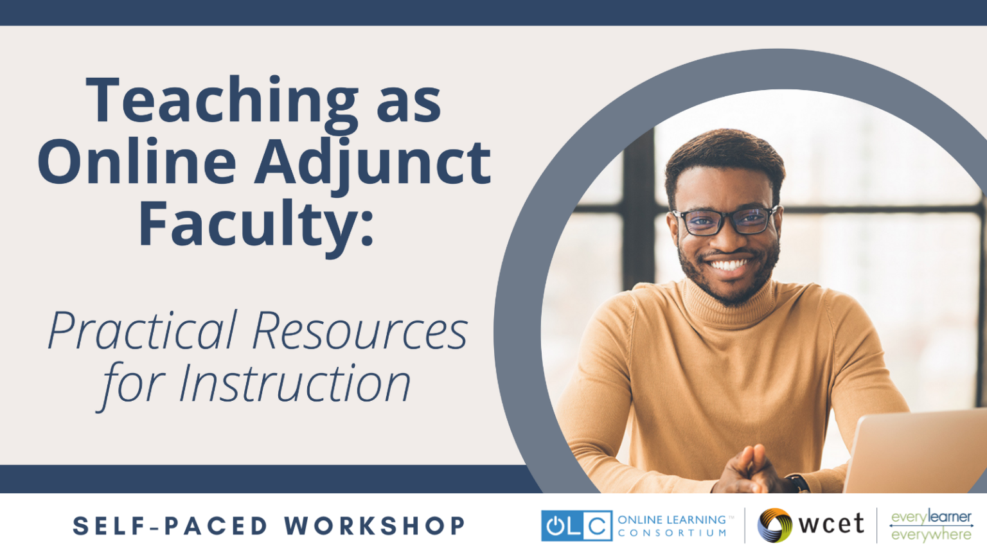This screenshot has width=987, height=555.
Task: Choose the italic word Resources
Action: click(360, 331)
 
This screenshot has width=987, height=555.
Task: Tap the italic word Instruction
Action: click(295, 384)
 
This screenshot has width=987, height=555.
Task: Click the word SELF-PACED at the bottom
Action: click(170, 525)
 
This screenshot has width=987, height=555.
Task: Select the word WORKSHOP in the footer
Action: click(375, 525)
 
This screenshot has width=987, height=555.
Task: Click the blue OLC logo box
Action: click(577, 525)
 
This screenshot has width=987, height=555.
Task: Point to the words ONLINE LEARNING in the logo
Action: click(672, 520)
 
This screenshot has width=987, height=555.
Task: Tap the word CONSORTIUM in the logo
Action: click(672, 533)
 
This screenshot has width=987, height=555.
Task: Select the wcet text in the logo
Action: click(831, 524)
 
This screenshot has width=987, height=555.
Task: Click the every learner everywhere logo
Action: click(931, 525)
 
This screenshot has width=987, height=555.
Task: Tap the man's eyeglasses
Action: click(725, 220)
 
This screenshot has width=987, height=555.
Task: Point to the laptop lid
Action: click(916, 452)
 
